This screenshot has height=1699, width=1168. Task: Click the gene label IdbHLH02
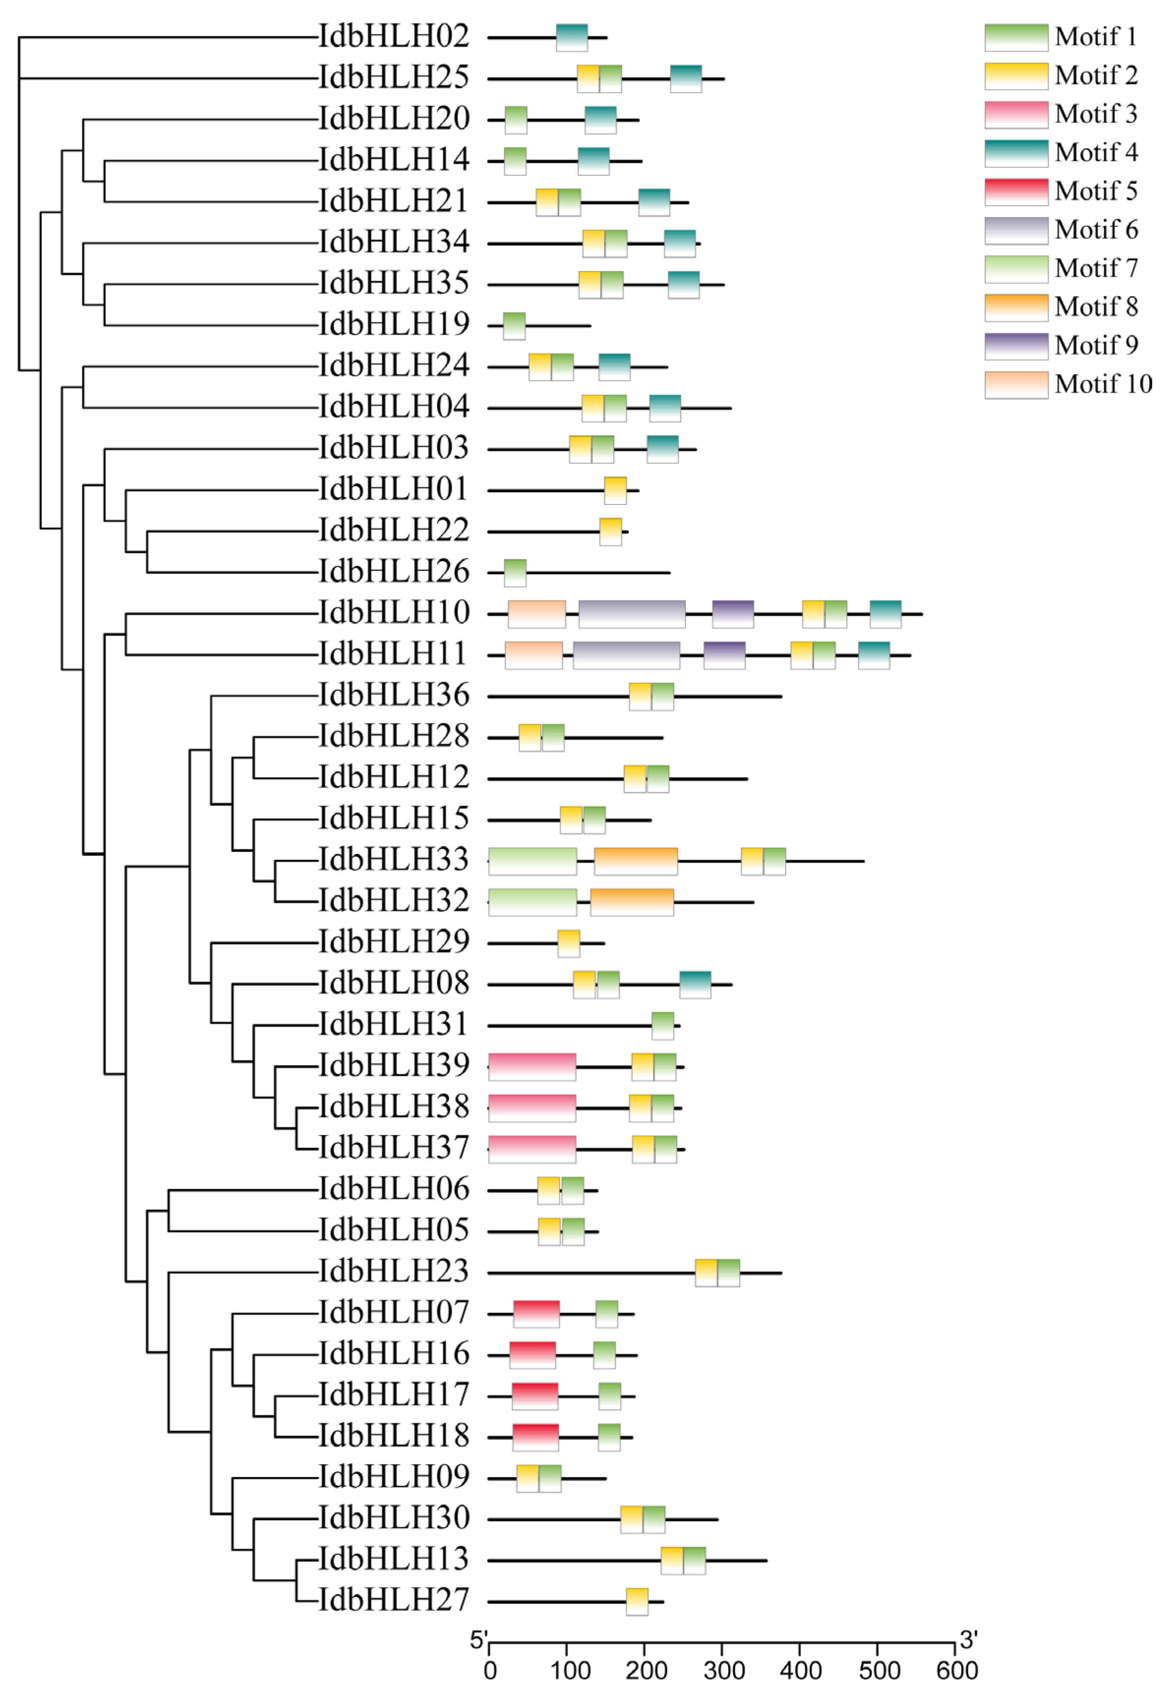[x=393, y=36]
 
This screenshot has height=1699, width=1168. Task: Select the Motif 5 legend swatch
[x=1016, y=192]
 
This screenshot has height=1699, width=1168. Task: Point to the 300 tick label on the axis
[x=724, y=1671]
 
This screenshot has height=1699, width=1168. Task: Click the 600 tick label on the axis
[x=956, y=1671]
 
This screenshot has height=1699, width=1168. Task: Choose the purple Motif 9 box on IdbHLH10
[x=733, y=614]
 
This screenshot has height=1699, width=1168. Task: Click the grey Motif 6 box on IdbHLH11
[x=626, y=655]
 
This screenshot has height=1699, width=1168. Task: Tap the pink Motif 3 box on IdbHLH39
[x=532, y=1067]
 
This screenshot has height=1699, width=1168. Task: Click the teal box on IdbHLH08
[x=695, y=984]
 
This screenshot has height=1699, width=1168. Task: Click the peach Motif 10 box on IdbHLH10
[x=536, y=614]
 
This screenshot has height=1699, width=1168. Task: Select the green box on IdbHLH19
[x=514, y=326]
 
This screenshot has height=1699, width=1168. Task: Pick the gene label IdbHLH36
[x=393, y=695]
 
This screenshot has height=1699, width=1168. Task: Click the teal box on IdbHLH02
[x=572, y=37]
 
